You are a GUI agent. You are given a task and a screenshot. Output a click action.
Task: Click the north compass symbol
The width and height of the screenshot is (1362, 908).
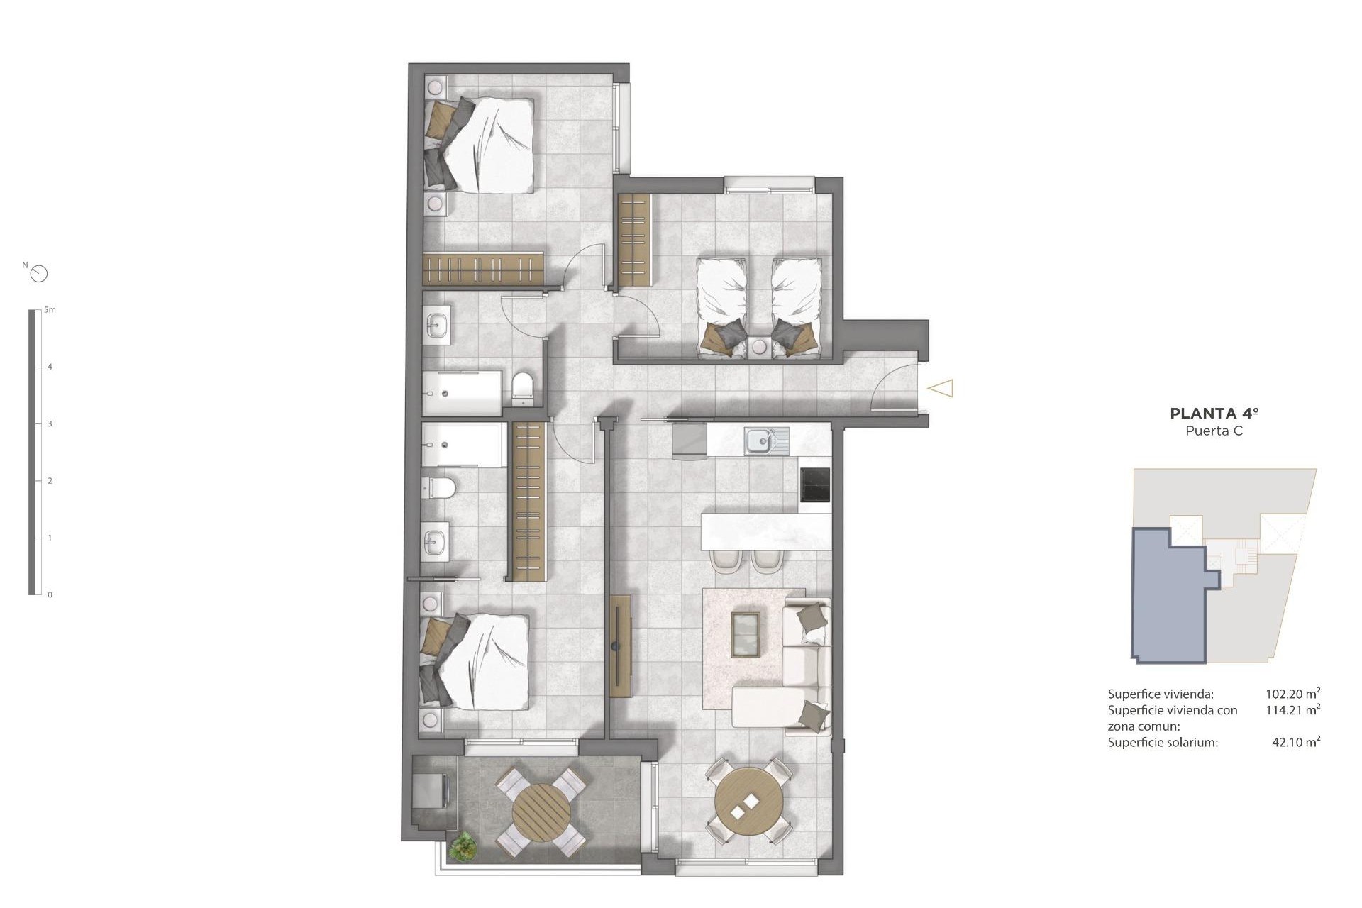(40, 273)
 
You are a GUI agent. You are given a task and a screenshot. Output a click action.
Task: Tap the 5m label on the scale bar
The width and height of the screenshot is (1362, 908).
(50, 310)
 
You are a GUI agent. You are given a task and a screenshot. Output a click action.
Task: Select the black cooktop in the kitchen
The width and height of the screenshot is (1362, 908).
(814, 485)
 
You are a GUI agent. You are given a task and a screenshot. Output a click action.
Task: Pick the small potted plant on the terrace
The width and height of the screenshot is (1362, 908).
(463, 845)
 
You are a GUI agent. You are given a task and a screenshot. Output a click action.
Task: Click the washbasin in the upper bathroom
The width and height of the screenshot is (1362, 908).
(436, 326)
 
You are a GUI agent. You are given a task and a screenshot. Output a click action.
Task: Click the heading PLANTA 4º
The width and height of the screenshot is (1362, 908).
(1214, 414)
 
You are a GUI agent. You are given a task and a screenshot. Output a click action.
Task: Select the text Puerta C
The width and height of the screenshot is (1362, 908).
(1214, 431)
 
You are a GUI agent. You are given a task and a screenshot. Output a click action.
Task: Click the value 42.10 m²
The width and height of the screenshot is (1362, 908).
(1295, 742)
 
